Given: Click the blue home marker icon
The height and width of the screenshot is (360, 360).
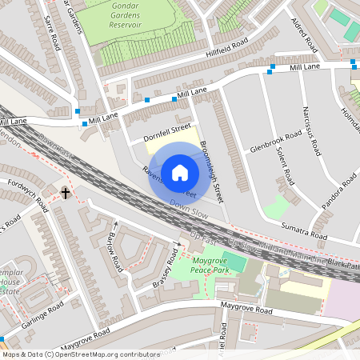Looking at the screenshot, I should [x=180, y=171].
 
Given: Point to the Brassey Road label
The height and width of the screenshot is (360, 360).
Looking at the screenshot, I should [x=165, y=272].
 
